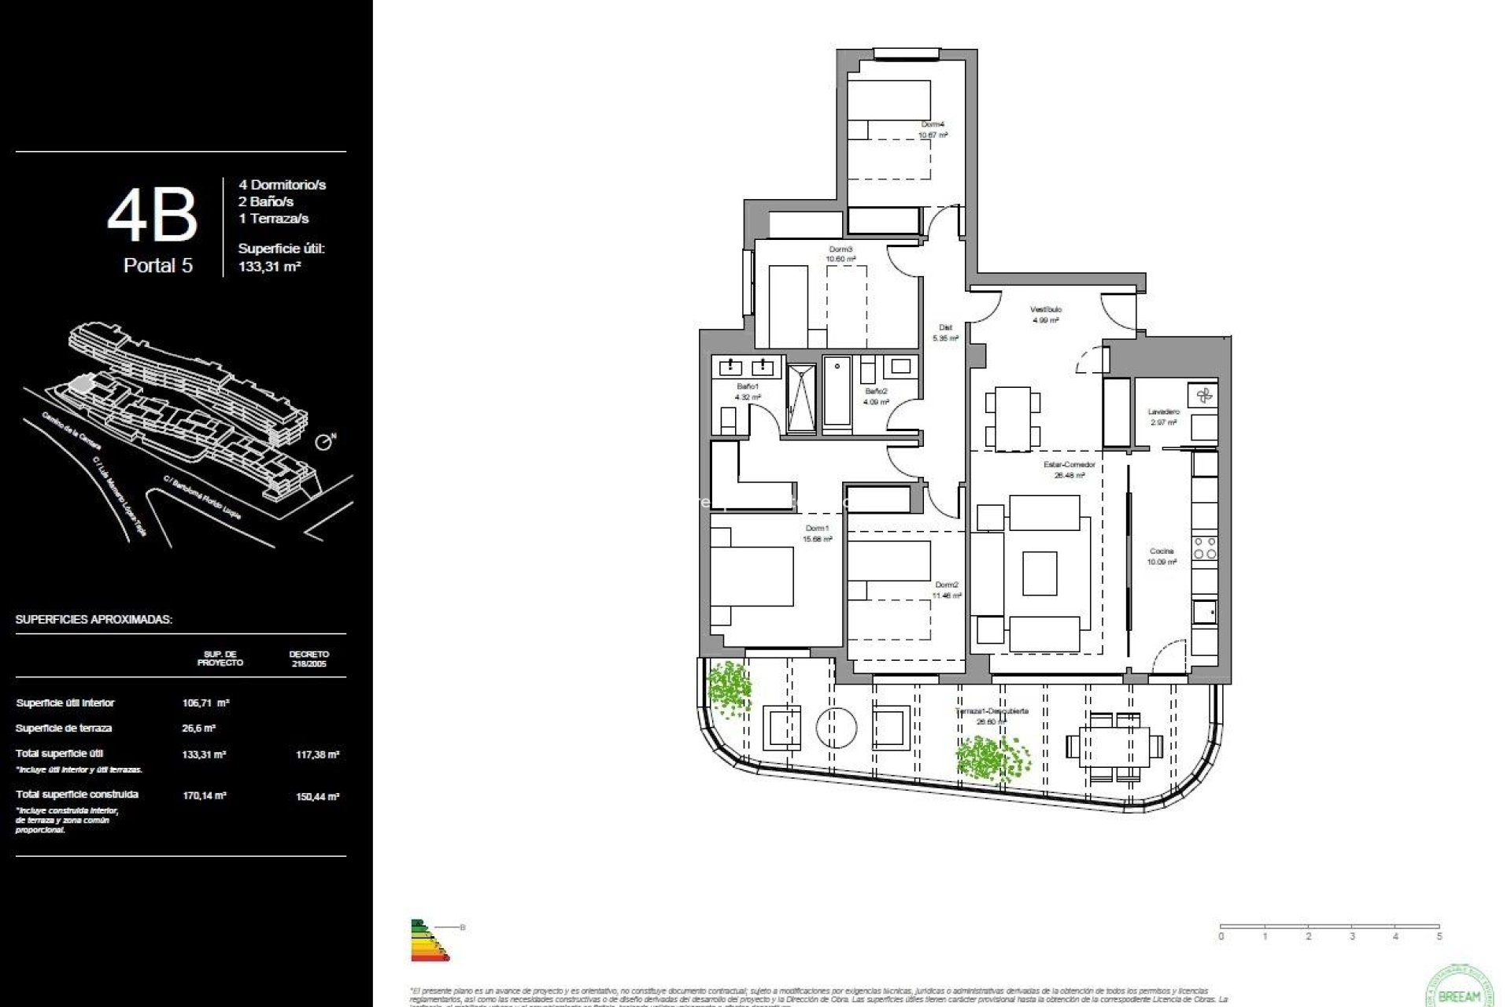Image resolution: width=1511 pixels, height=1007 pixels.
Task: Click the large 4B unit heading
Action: (x=152, y=216)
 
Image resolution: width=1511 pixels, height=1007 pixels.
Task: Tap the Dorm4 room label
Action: (x=933, y=124)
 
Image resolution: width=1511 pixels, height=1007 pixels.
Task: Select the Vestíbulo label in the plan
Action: (x=1045, y=310)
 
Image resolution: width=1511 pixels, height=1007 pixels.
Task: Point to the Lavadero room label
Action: (x=1163, y=412)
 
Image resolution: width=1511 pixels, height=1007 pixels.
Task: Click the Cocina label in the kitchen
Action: (x=1161, y=551)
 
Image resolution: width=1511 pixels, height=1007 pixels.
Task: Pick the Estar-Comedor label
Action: (x=1069, y=465)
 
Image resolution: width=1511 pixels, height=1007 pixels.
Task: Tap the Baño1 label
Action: (x=747, y=387)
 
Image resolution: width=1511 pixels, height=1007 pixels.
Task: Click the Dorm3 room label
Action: (x=840, y=249)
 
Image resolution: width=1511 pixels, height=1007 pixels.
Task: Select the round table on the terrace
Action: (x=836, y=728)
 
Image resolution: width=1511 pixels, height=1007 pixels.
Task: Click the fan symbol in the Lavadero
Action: (x=1203, y=396)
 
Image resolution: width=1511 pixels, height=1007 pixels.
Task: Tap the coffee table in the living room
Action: (x=1040, y=573)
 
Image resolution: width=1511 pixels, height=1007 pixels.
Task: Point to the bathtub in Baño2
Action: (x=837, y=393)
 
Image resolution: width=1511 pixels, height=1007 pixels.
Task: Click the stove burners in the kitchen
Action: (x=1205, y=548)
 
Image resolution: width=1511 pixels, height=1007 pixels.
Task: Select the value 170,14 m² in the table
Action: (x=205, y=795)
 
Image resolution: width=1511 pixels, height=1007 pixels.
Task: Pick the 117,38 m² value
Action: (x=317, y=754)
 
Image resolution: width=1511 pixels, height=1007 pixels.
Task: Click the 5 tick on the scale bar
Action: (x=1439, y=936)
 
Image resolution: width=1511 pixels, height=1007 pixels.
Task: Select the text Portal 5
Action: (x=157, y=266)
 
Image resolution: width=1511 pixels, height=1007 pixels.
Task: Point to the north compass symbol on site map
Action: (x=323, y=442)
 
